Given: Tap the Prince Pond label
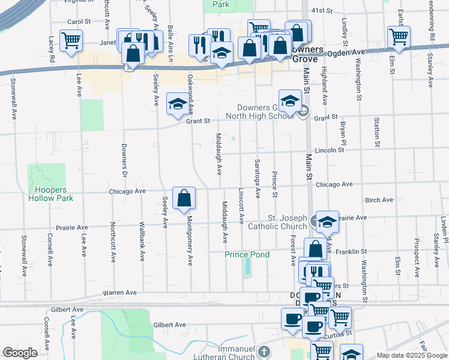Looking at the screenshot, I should pyautogui.click(x=247, y=254).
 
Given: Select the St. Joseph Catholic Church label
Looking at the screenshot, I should pyautogui.click(x=287, y=222).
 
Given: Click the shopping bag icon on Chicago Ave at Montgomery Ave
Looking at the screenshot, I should pyautogui.click(x=184, y=197).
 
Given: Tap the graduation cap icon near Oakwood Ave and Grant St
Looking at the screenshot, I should pyautogui.click(x=177, y=104).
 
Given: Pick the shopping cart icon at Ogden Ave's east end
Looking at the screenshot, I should pyautogui.click(x=399, y=37).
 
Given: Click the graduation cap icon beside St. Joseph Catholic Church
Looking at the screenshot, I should pyautogui.click(x=327, y=221).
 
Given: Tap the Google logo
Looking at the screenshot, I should pyautogui.click(x=20, y=353).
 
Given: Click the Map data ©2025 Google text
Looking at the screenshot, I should pyautogui.click(x=412, y=355).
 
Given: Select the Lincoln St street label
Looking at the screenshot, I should pyautogui.click(x=328, y=150).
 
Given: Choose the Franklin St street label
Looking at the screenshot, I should pyautogui.click(x=351, y=251).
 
